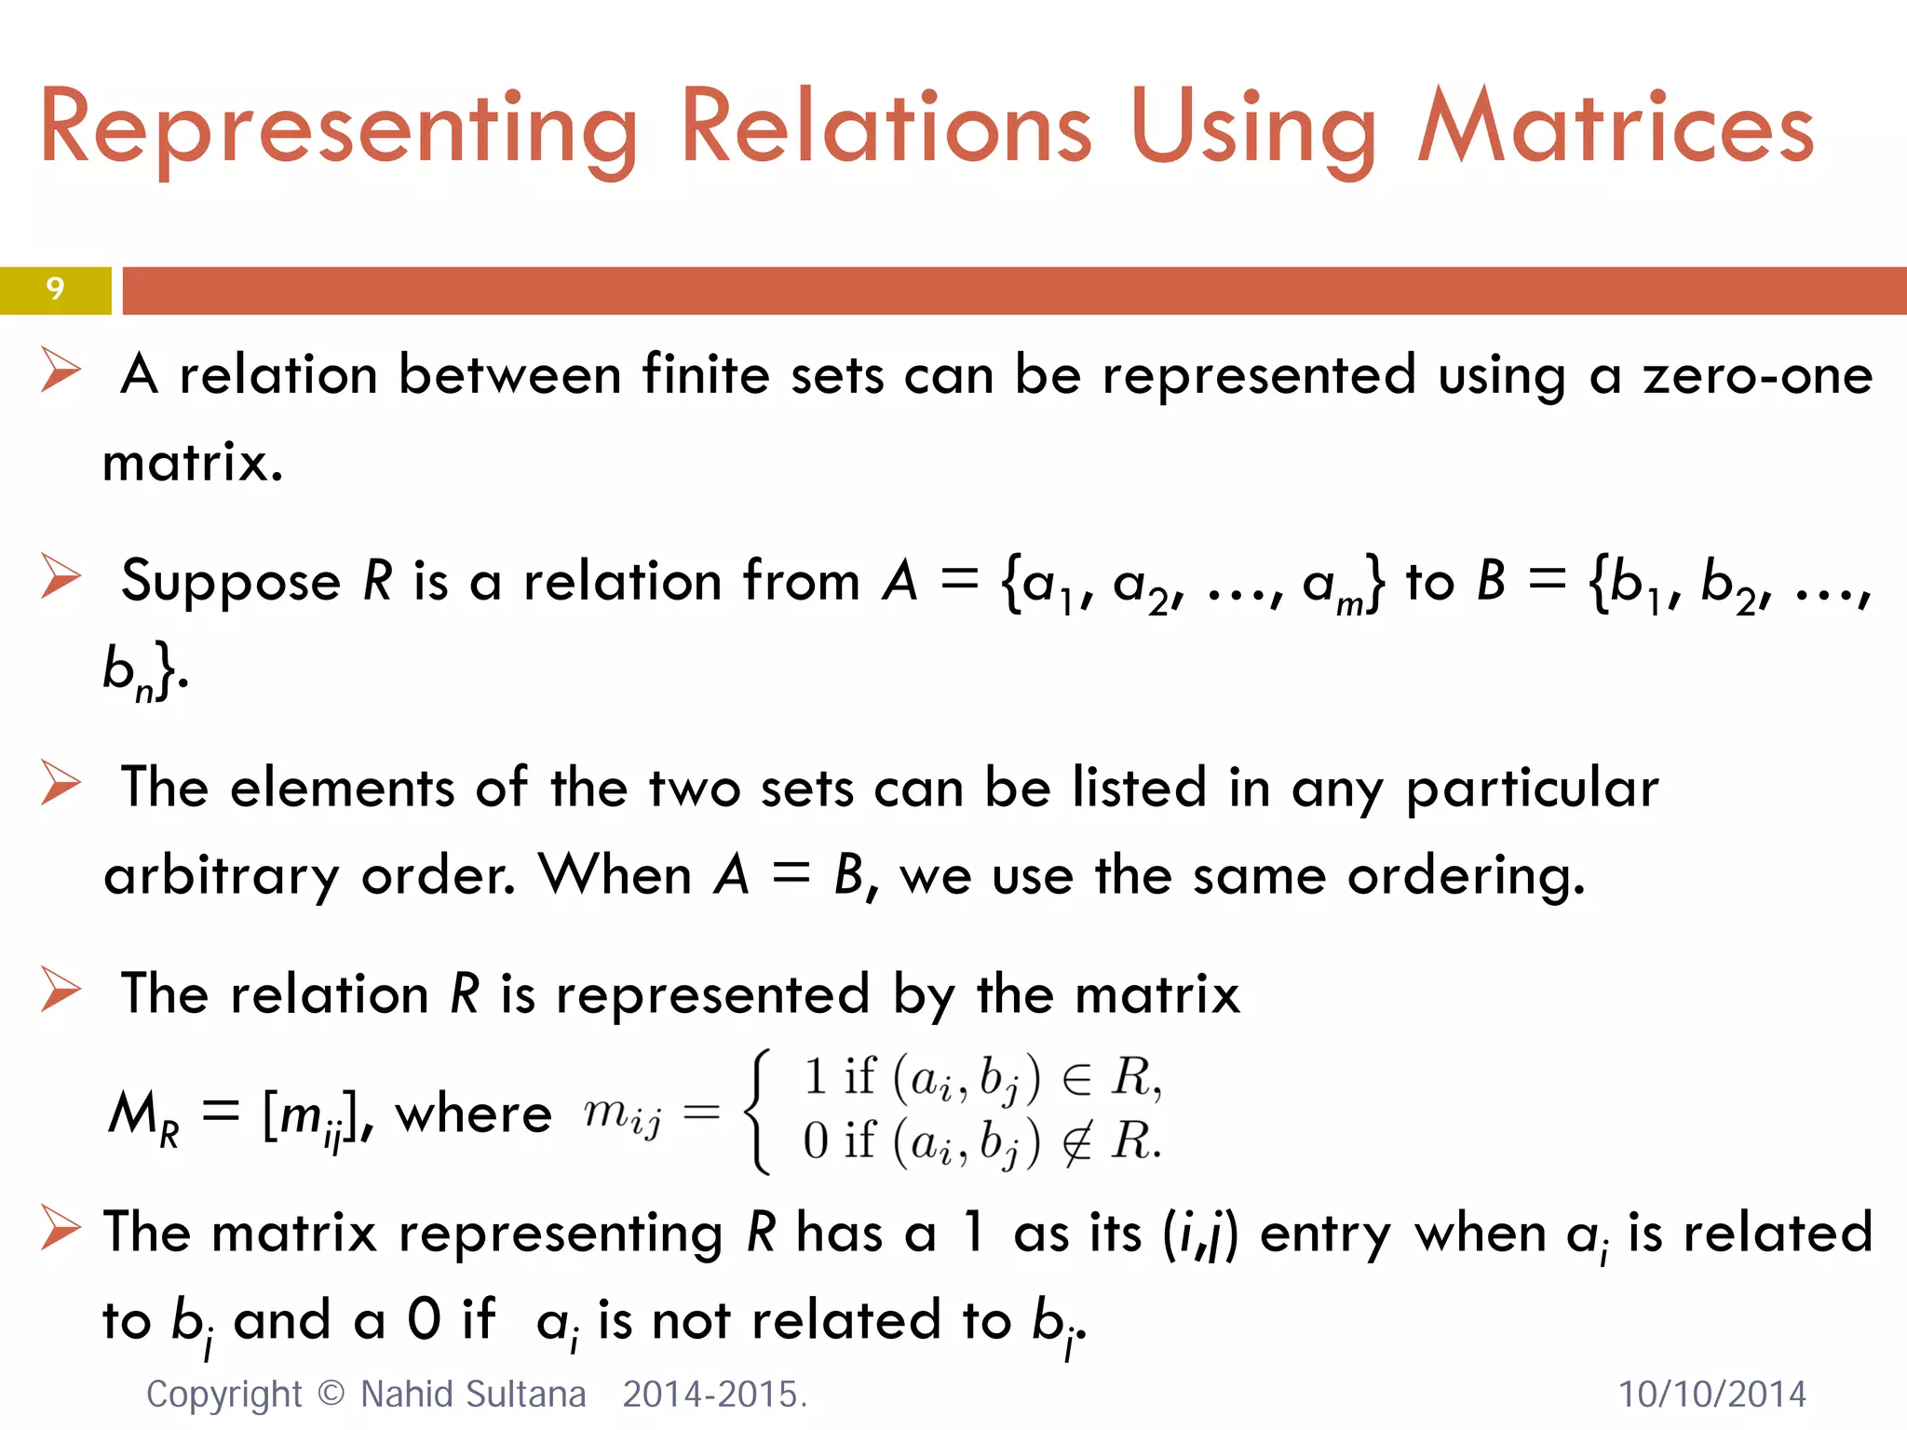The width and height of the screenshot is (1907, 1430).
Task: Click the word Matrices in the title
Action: pos(1616,128)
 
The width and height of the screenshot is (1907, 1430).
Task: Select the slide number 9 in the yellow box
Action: pos(55,290)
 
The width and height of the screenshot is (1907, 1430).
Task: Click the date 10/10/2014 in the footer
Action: pos(1711,1395)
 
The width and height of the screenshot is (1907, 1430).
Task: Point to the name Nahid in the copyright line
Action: pos(406,1395)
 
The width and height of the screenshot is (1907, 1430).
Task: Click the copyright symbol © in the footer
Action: pos(331,1395)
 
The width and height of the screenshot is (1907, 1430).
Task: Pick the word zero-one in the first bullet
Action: pos(1757,375)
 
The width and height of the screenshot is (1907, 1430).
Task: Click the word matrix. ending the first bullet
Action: pos(193,462)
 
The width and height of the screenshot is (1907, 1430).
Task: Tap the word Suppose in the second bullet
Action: pos(231,583)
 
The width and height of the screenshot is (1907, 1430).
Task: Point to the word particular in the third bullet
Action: pos(1532,789)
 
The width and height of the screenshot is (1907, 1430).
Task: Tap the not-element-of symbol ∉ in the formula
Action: pos(1077,1141)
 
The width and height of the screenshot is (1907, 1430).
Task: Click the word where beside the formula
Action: pos(474,1114)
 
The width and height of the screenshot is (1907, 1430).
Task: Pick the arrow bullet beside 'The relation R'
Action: pos(61,990)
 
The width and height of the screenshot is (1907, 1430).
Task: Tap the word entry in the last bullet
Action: pos(1325,1234)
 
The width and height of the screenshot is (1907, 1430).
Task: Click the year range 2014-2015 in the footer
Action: pos(713,1395)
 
